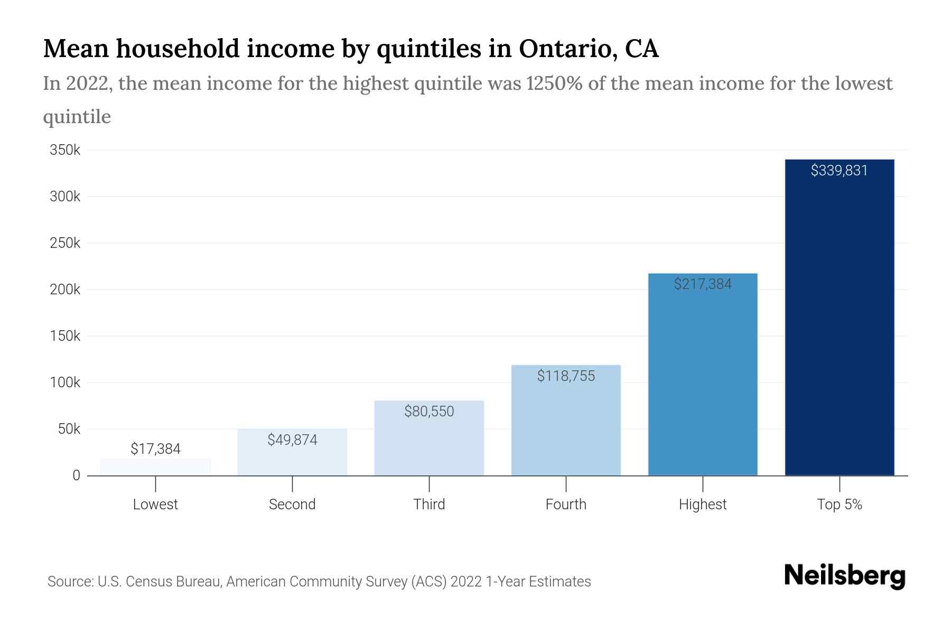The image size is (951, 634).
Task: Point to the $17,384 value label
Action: click(x=155, y=449)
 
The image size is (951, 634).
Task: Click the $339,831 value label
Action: click(x=839, y=171)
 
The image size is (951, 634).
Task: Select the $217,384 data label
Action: click(x=703, y=284)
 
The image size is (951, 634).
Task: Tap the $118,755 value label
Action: click(x=566, y=376)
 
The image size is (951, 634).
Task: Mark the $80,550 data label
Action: click(x=429, y=412)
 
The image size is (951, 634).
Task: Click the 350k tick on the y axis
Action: click(x=65, y=151)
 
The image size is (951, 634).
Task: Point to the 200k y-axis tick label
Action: click(x=65, y=290)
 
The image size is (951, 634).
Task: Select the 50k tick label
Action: click(x=69, y=429)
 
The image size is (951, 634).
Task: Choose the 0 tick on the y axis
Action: click(x=77, y=475)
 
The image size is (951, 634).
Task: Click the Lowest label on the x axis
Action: click(x=155, y=505)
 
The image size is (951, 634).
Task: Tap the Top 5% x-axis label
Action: click(x=839, y=505)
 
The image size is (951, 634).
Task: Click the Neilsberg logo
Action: click(x=844, y=575)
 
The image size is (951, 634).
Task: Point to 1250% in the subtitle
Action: click(x=554, y=83)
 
